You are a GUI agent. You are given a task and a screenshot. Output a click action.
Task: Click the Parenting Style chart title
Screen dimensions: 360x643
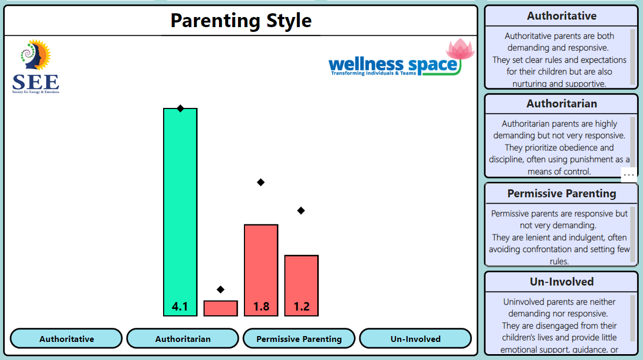point(241,21)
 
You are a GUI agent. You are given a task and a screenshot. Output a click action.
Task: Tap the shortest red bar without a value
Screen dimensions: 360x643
point(221,308)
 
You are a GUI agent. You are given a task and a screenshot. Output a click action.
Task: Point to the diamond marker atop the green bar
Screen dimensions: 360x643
point(180,108)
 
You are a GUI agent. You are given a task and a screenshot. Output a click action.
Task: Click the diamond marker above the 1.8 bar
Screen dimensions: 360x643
point(261,182)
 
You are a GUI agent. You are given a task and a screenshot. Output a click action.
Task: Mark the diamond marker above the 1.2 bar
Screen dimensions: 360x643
point(301,211)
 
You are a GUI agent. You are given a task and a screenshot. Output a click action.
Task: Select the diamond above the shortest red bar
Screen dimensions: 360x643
point(221,289)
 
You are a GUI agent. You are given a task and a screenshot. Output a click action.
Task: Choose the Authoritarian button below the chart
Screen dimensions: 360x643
point(183,339)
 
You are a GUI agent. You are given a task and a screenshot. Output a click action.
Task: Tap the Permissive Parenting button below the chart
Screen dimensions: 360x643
point(299,339)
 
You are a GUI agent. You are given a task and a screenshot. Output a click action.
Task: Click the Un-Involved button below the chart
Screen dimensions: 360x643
point(416,339)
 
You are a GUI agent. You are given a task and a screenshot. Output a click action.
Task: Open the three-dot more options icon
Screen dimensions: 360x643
point(629,174)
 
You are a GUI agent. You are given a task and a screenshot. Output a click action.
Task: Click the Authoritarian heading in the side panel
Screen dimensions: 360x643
point(562,104)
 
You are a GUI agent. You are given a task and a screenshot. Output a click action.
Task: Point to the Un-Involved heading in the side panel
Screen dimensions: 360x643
point(562,282)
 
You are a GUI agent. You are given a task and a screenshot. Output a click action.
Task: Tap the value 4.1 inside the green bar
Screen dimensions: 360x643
point(180,307)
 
